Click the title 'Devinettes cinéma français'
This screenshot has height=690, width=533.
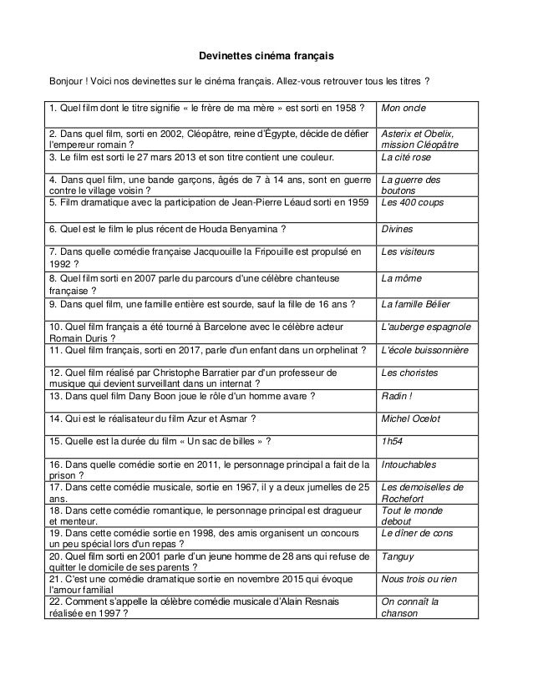(x=266, y=57)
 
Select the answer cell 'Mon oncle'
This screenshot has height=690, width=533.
(x=404, y=109)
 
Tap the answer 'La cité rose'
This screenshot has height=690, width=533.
(x=407, y=156)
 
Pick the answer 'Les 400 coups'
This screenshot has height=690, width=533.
(x=411, y=203)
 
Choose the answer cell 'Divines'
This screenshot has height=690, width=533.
(x=397, y=227)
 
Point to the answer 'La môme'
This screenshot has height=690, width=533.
(x=401, y=278)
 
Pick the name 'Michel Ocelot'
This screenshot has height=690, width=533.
(x=410, y=419)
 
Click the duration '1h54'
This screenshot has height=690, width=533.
(x=392, y=442)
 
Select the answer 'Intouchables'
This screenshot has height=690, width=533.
(x=409, y=465)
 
